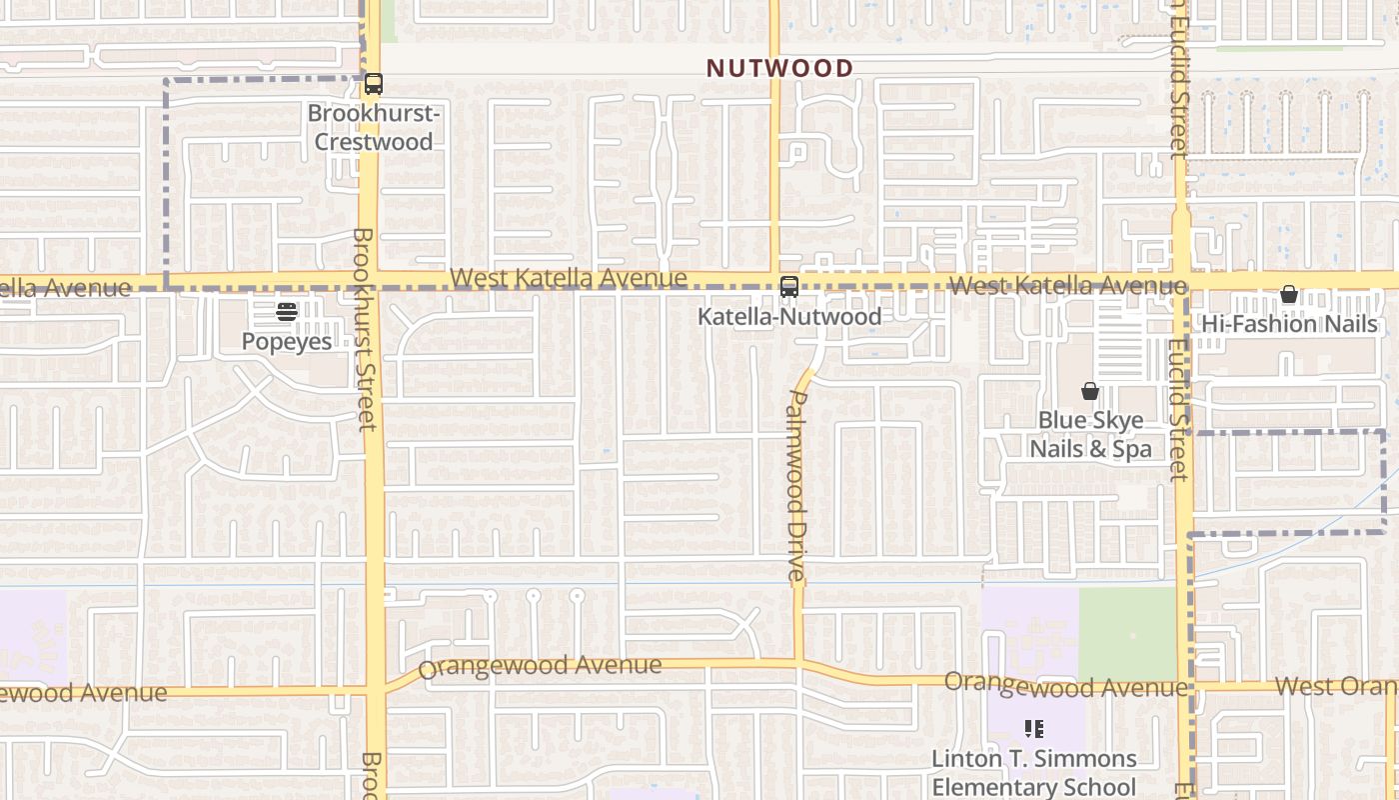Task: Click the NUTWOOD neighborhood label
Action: tap(779, 68)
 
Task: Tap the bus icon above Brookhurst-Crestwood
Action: tap(374, 84)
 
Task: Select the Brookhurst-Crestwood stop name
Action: tap(374, 128)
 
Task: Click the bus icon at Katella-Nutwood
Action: tap(788, 287)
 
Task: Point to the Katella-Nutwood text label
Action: tap(788, 316)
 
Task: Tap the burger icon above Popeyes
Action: tap(287, 312)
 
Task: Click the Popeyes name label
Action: tap(287, 341)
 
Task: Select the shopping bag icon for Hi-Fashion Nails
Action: tap(1289, 294)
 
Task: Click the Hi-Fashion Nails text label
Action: tap(1289, 324)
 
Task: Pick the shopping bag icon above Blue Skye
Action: tap(1090, 391)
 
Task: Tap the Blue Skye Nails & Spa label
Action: tap(1090, 435)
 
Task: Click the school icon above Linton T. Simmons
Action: tap(1033, 729)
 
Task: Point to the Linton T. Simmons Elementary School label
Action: tap(1033, 773)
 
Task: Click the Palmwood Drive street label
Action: tap(796, 485)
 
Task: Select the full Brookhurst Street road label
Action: tap(364, 330)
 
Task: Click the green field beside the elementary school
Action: tap(1127, 632)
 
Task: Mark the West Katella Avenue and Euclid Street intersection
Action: tap(1182, 281)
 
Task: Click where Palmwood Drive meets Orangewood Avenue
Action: tap(798, 663)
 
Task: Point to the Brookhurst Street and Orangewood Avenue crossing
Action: tap(376, 689)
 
